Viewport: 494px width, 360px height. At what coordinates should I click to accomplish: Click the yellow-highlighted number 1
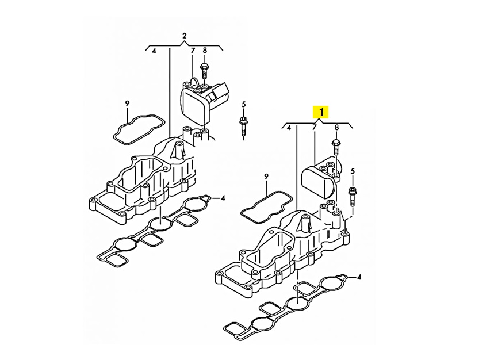coord(321,112)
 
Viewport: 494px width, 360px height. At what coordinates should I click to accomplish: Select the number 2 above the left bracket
coord(185,36)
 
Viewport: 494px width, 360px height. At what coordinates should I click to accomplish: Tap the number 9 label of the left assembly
coord(127,103)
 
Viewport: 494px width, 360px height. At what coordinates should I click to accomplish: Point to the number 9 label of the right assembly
coord(266,177)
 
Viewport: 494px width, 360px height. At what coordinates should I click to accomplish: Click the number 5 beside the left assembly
coord(243,104)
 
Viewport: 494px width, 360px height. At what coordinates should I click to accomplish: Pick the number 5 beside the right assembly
coord(353,171)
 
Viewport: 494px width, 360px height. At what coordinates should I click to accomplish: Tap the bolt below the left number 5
coord(243,127)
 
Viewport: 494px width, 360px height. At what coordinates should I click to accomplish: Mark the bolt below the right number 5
coord(352,197)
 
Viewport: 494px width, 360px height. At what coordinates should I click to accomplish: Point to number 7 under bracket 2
coord(193,50)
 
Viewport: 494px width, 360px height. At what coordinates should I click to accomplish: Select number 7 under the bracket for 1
coord(314,127)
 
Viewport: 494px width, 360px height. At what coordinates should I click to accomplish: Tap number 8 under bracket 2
coord(205,50)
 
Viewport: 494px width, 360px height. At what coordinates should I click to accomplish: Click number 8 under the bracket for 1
coord(336,127)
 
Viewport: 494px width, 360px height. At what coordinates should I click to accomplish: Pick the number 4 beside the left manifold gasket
coord(223,198)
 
